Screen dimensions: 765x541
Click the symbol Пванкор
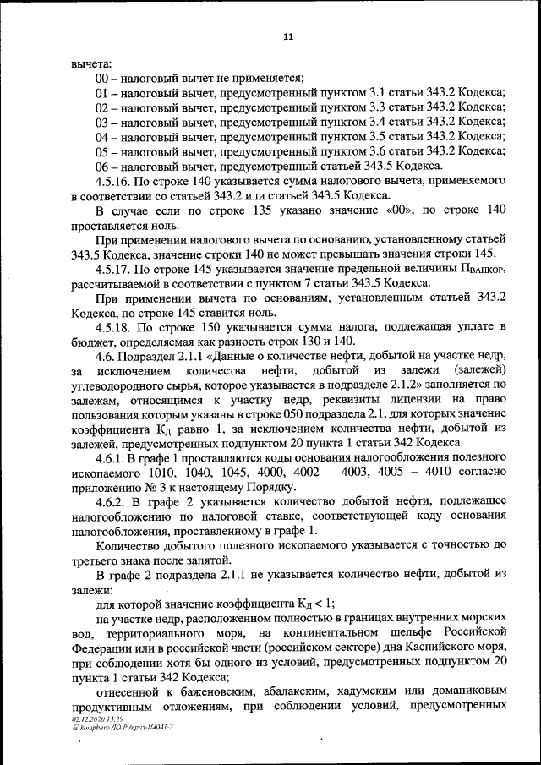point(482,270)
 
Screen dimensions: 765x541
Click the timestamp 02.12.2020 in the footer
point(88,718)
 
